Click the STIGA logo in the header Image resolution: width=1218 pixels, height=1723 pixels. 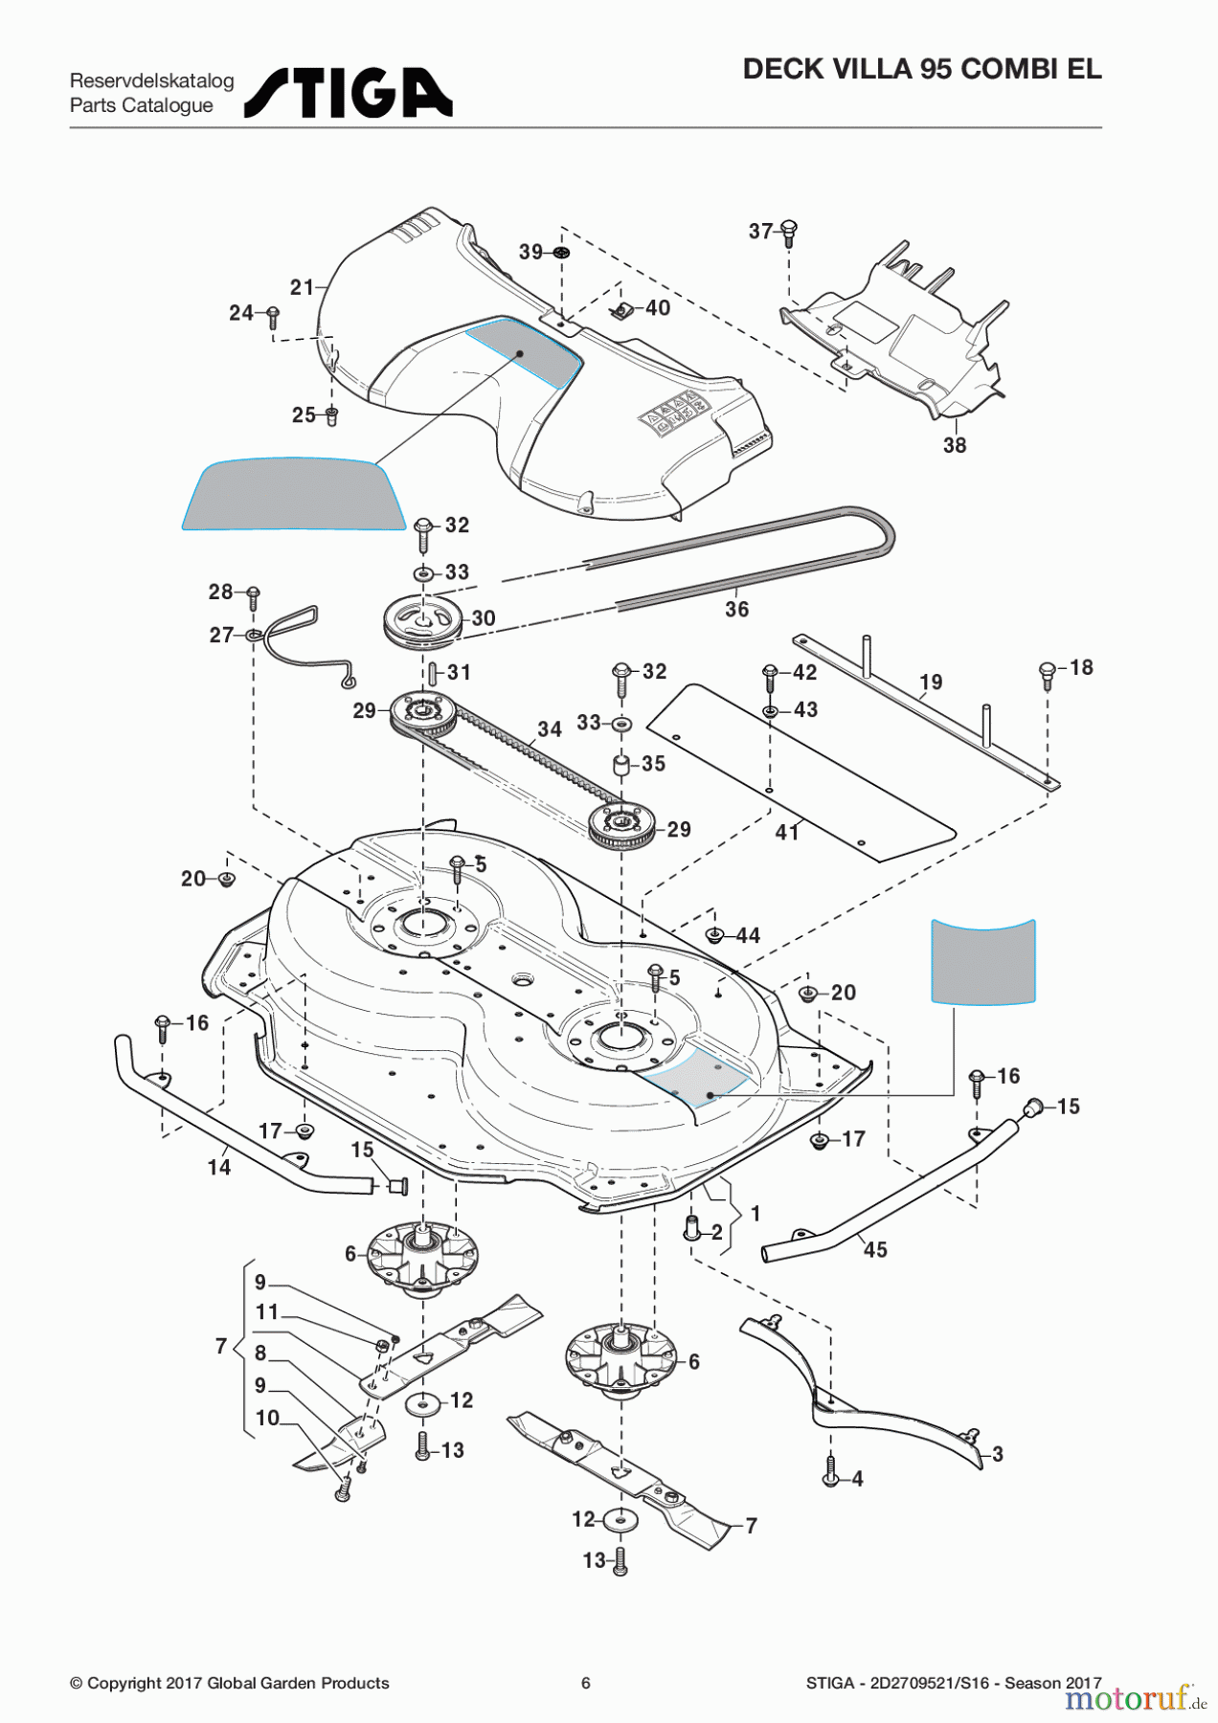[349, 93]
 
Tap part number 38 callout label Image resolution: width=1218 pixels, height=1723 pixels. [955, 445]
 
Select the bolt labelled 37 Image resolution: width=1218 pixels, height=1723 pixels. [790, 230]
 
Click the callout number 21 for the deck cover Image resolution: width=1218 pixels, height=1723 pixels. [302, 287]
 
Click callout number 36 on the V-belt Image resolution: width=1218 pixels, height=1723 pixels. [736, 609]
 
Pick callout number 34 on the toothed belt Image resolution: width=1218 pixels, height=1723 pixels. [550, 729]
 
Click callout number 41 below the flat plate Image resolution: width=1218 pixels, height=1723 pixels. [787, 833]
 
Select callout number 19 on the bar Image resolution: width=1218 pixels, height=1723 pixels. [931, 682]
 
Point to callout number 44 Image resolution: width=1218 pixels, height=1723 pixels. [747, 935]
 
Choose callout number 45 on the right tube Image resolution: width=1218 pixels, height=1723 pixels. [875, 1249]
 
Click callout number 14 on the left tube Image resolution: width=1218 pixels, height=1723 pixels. [219, 1167]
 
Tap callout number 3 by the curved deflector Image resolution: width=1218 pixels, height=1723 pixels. [997, 1454]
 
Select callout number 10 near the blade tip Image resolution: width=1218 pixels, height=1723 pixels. [267, 1418]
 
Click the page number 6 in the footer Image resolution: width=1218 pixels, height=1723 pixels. [586, 1683]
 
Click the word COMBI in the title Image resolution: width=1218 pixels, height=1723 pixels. [1004, 69]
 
